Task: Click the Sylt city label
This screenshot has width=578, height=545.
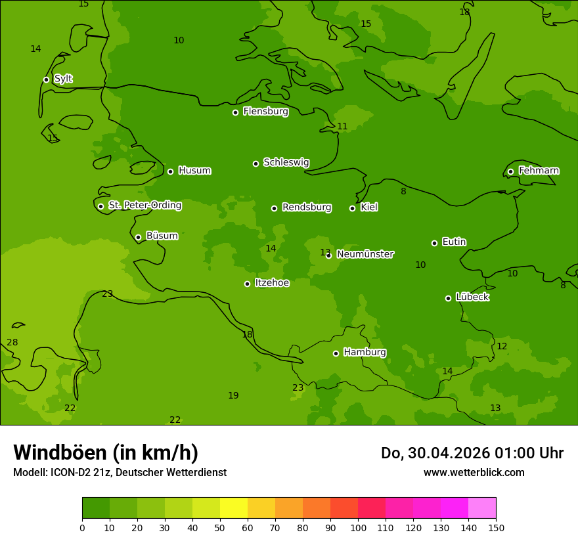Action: tap(63, 79)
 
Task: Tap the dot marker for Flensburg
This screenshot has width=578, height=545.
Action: tap(235, 112)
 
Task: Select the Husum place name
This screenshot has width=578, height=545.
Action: tap(194, 171)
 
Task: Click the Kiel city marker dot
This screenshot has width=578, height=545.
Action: tap(352, 208)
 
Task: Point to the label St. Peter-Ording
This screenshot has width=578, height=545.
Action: tap(144, 206)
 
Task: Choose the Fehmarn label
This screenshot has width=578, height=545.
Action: tap(539, 171)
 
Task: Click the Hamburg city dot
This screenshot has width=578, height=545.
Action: tap(336, 353)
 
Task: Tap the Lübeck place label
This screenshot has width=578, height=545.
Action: tap(472, 297)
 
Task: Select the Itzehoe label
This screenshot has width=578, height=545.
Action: tap(272, 283)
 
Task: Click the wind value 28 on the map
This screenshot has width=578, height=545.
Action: tap(12, 342)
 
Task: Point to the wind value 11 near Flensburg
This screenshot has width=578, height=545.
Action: tap(342, 126)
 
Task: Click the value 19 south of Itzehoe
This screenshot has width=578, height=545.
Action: tap(233, 395)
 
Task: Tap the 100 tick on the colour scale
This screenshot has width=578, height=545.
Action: tap(358, 527)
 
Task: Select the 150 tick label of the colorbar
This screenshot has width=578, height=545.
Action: tap(496, 527)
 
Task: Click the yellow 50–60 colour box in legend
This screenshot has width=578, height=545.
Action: tap(234, 508)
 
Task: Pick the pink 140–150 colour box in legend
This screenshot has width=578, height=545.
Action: tap(482, 508)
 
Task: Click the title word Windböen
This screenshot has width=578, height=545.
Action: tap(60, 452)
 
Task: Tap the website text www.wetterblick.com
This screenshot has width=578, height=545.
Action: tap(474, 472)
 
